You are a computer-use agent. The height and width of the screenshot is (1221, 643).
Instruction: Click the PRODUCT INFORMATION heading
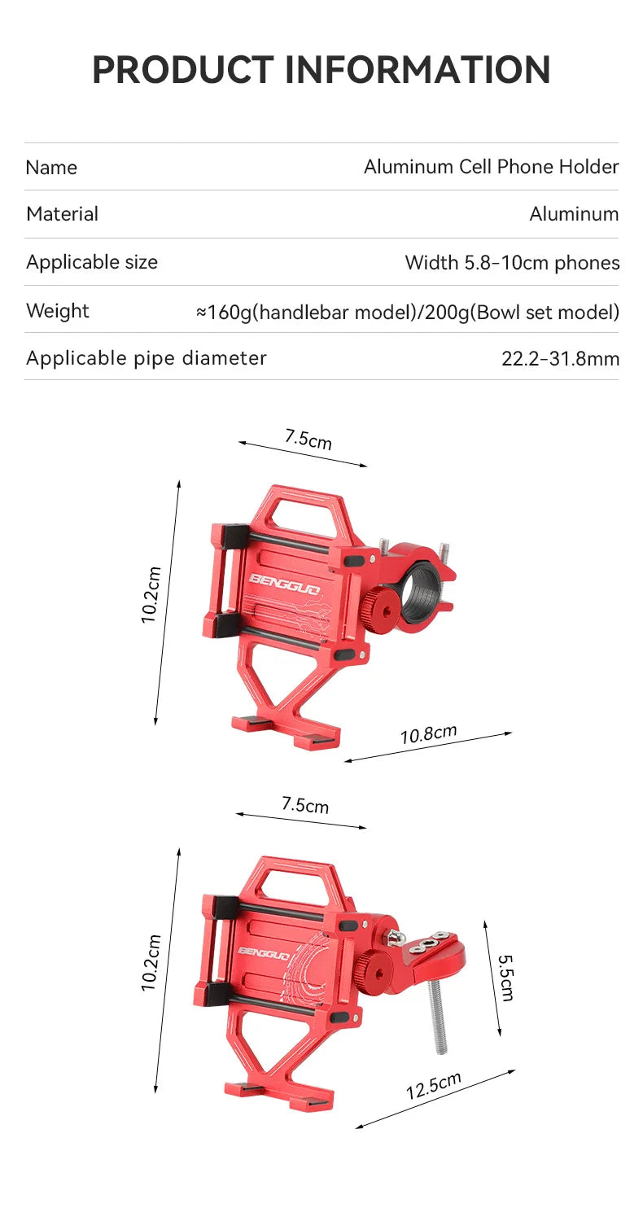tap(321, 70)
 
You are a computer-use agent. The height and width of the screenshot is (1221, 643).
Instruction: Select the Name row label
tap(51, 168)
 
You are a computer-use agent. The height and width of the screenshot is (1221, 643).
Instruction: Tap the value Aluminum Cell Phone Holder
tap(491, 167)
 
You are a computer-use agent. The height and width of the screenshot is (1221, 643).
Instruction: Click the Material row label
tap(62, 214)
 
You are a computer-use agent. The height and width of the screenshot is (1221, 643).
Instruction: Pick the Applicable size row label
tap(92, 262)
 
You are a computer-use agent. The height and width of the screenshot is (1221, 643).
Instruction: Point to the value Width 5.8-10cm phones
tap(512, 263)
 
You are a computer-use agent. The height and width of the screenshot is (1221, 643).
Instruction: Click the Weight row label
tap(58, 310)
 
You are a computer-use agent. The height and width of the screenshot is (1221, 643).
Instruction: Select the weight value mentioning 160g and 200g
tap(407, 312)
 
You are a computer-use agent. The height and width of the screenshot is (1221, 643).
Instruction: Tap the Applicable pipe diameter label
tap(147, 358)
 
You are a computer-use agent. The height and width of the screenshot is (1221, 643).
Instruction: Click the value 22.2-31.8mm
tap(560, 359)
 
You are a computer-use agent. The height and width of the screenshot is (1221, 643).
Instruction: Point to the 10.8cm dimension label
tap(428, 734)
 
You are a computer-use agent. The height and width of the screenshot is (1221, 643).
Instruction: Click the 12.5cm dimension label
tap(433, 1087)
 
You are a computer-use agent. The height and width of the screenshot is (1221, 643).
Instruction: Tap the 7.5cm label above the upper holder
tap(308, 440)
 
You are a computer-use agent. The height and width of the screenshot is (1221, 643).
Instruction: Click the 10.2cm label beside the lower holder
tap(151, 962)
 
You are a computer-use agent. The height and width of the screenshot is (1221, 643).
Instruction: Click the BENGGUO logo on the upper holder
tap(284, 583)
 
